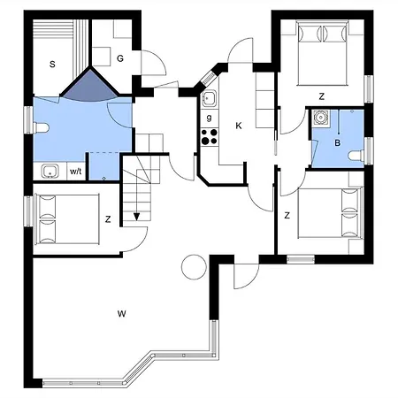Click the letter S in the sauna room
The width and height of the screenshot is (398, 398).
click(x=52, y=64)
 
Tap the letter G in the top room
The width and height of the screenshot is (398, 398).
click(x=120, y=58)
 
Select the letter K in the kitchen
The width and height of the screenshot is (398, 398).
click(x=239, y=126)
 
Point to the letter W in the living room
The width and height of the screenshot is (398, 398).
click(x=122, y=313)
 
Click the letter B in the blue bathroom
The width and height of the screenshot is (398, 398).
click(x=338, y=143)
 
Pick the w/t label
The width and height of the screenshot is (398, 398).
click(x=76, y=172)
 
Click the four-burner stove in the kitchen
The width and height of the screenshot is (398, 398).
click(x=210, y=137)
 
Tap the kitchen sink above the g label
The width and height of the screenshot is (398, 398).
click(x=210, y=98)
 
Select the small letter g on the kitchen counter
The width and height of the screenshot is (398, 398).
click(x=209, y=118)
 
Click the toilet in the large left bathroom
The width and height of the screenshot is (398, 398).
click(x=41, y=128)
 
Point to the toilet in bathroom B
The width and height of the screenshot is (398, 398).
click(x=356, y=155)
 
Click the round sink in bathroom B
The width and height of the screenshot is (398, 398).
click(x=319, y=118)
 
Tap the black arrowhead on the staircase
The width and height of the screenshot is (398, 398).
click(x=136, y=217)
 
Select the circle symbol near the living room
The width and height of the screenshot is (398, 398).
click(x=194, y=267)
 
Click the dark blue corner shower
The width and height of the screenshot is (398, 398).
click(x=90, y=86)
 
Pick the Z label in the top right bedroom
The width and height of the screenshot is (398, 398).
click(x=322, y=96)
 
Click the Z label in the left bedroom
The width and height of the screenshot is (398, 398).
click(x=108, y=219)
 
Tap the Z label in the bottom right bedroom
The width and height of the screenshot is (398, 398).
click(x=287, y=216)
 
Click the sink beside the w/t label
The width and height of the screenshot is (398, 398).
click(x=50, y=172)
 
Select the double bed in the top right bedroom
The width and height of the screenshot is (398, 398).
click(x=322, y=53)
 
